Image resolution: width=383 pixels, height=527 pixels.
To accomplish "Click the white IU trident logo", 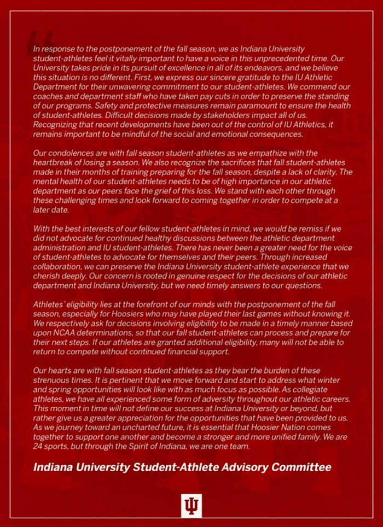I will (x=191, y=505).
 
